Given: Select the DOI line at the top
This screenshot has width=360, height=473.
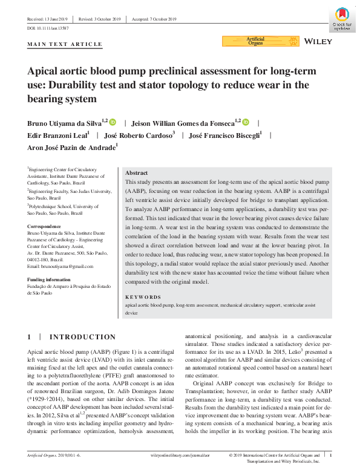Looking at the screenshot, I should pyautogui.click(x=48, y=28).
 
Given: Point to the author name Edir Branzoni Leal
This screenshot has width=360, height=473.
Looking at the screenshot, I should pyautogui.click(x=57, y=134).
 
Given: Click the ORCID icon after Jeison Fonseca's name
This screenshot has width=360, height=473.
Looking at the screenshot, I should pyautogui.click(x=246, y=122).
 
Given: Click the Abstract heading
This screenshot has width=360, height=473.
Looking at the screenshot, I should pyautogui.click(x=136, y=172).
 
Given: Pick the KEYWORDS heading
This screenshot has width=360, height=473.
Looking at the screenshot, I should pyautogui.click(x=143, y=298).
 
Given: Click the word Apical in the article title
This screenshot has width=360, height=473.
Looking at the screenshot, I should pyautogui.click(x=47, y=71).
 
